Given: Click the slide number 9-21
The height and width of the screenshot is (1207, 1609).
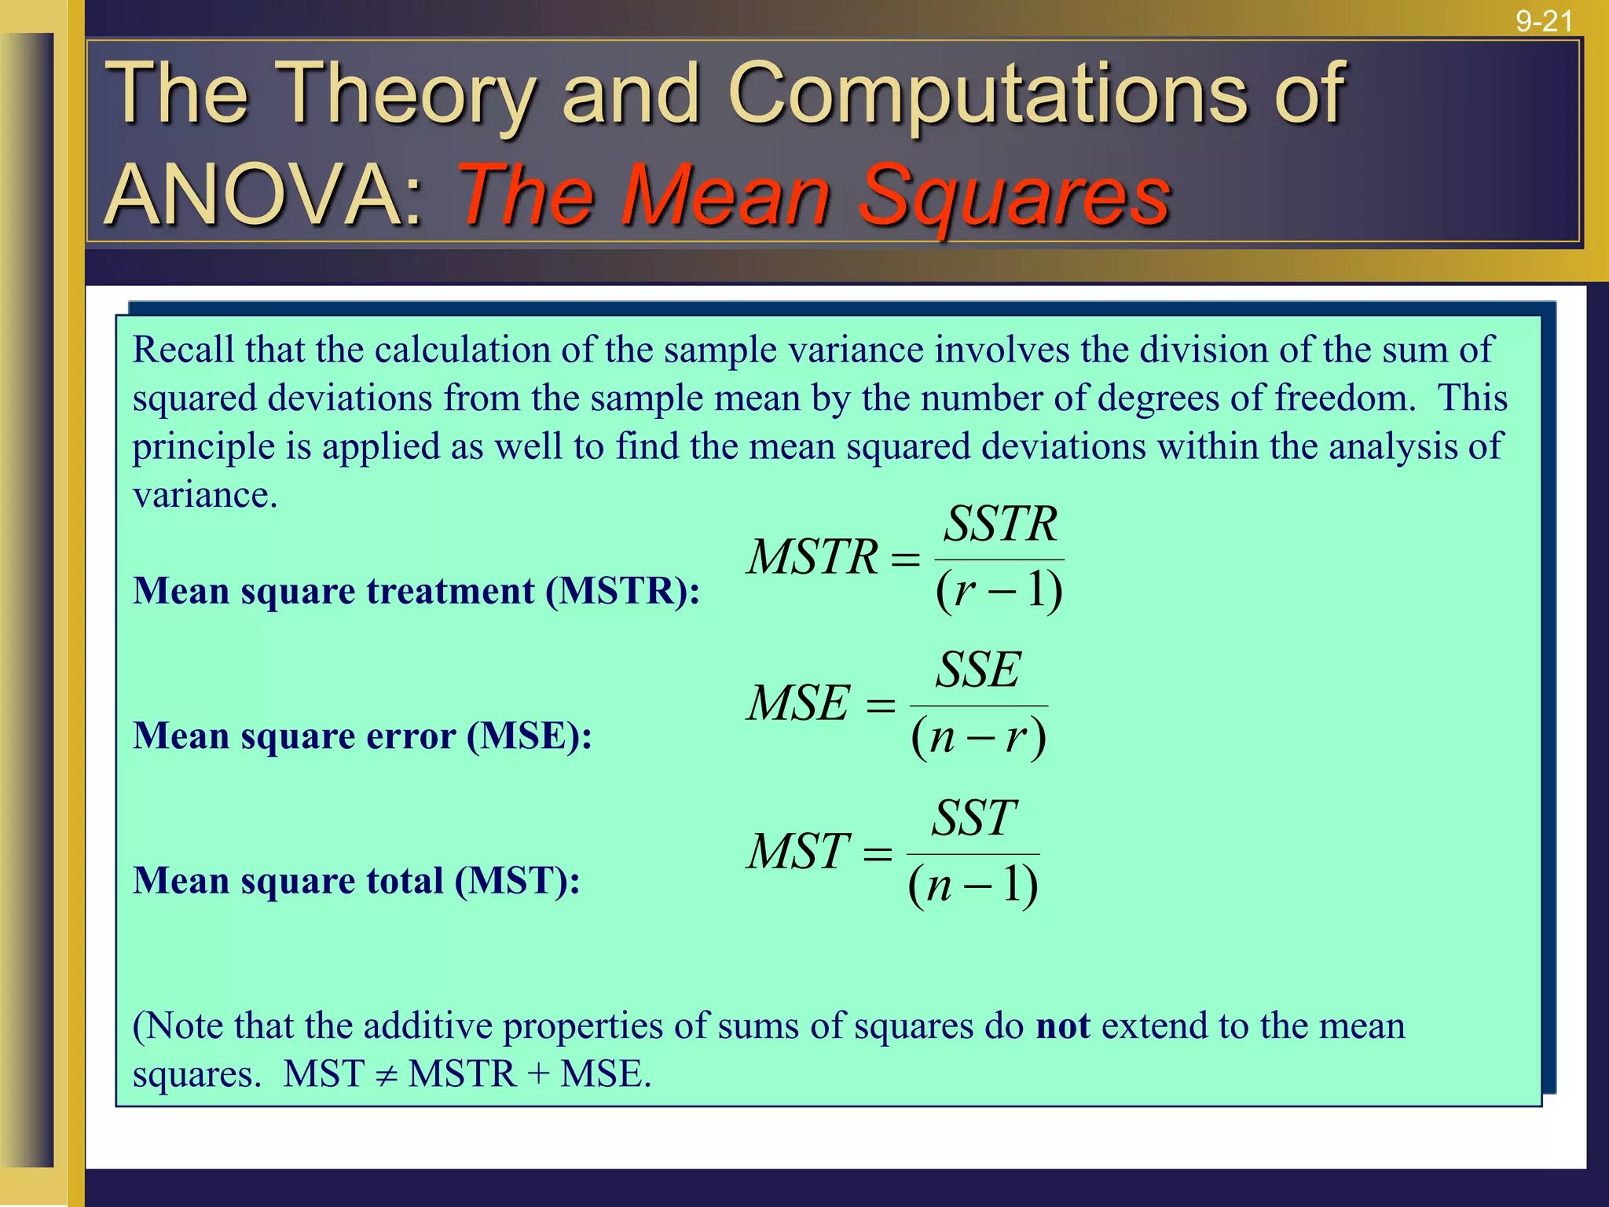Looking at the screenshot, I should click(x=1544, y=20).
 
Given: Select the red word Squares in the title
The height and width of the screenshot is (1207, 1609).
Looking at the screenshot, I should click(x=1013, y=196).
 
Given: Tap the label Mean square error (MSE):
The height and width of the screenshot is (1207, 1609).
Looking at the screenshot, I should click(x=362, y=736).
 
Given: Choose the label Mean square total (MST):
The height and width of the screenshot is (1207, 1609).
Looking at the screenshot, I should click(x=356, y=881).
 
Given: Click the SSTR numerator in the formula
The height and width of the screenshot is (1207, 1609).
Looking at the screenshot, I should click(x=1000, y=524).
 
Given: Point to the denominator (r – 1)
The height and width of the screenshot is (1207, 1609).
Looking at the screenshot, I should click(x=999, y=591).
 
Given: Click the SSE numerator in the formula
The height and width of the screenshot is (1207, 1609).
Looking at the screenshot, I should click(x=978, y=670).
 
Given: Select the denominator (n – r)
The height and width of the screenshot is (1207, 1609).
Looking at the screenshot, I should click(x=978, y=737).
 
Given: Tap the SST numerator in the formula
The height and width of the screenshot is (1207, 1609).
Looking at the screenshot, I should click(x=974, y=818).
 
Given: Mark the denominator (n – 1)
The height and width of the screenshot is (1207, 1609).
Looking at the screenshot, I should click(x=973, y=885).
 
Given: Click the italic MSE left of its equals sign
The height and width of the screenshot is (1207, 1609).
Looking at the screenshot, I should click(x=798, y=703).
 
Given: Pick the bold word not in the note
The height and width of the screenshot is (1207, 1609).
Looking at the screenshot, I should click(x=1062, y=1026).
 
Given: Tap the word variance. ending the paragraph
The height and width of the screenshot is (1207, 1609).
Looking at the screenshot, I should click(x=205, y=495).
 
